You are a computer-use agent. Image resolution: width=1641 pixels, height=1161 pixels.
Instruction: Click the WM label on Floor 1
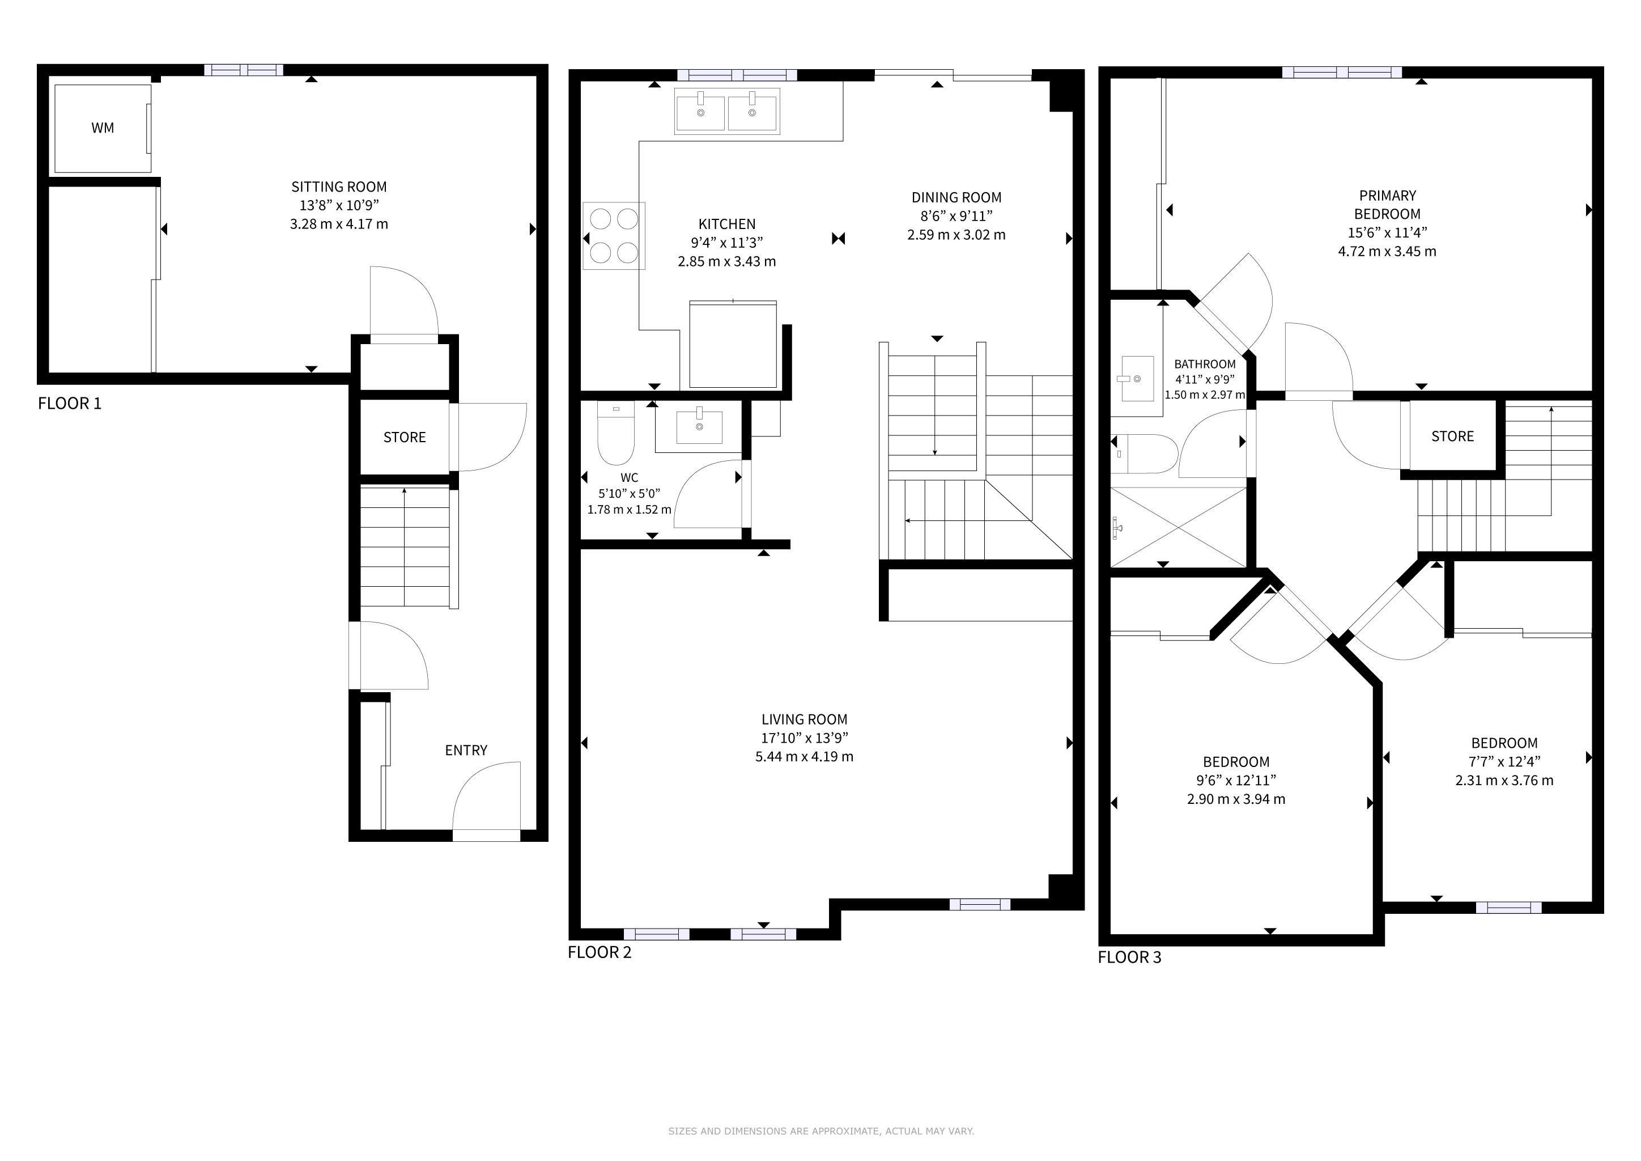pyautogui.click(x=103, y=128)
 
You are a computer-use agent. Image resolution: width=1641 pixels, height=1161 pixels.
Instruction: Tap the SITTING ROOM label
pyautogui.click(x=339, y=187)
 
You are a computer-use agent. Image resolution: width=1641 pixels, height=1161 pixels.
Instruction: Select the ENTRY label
pyautogui.click(x=466, y=750)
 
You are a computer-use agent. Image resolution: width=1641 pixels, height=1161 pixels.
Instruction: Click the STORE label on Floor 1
pyautogui.click(x=405, y=437)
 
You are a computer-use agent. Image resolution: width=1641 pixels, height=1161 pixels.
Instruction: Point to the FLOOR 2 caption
pyautogui.click(x=600, y=952)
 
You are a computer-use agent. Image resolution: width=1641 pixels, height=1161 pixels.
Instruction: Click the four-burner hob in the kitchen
pyautogui.click(x=614, y=236)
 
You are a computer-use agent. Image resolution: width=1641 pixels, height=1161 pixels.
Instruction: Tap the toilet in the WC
pyautogui.click(x=615, y=433)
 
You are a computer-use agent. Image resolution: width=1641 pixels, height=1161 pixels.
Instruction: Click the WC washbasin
pyautogui.click(x=699, y=427)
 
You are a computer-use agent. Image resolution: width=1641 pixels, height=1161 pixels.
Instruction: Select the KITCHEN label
pyautogui.click(x=727, y=224)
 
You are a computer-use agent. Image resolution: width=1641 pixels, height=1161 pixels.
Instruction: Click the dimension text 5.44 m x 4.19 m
pyautogui.click(x=804, y=756)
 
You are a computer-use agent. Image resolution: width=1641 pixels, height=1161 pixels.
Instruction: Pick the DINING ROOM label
pyautogui.click(x=956, y=197)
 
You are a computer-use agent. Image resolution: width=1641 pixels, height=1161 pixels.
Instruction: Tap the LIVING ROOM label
pyautogui.click(x=804, y=719)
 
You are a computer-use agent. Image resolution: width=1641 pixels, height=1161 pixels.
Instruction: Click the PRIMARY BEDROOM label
pyautogui.click(x=1387, y=205)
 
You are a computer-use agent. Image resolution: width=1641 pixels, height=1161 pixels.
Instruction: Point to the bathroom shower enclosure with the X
pyautogui.click(x=1178, y=528)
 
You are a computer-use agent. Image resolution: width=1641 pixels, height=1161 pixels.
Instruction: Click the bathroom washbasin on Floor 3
pyautogui.click(x=1137, y=378)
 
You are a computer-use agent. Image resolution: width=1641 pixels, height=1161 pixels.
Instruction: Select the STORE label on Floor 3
pyautogui.click(x=1452, y=436)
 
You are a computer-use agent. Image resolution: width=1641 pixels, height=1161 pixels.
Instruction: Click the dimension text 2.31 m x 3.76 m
pyautogui.click(x=1504, y=780)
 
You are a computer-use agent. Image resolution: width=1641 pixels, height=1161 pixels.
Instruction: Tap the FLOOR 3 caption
pyautogui.click(x=1130, y=957)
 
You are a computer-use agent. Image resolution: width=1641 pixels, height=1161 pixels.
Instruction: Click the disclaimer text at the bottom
pyautogui.click(x=820, y=1131)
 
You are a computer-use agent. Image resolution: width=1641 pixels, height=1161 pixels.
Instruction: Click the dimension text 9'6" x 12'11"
pyautogui.click(x=1236, y=780)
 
